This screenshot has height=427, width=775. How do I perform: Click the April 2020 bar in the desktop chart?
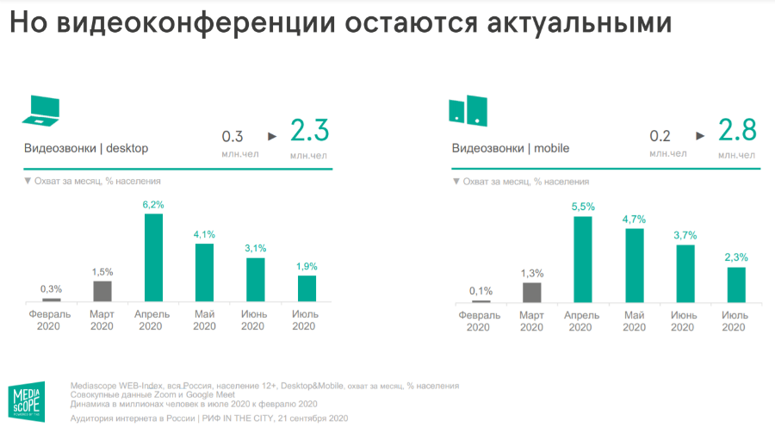click(x=153, y=257)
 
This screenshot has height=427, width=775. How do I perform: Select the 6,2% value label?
click(x=153, y=204)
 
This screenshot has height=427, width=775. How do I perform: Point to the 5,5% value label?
click(x=583, y=207)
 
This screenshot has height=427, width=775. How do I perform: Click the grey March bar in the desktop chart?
click(x=102, y=291)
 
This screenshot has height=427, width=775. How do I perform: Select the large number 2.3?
click(x=309, y=132)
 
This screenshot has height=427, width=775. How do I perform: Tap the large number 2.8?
click(x=737, y=132)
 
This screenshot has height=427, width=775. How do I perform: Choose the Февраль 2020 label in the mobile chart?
click(x=480, y=321)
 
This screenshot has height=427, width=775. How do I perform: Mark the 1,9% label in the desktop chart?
click(x=306, y=266)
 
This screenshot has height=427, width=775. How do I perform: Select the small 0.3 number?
click(x=232, y=136)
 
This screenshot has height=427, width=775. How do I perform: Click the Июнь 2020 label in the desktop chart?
click(x=256, y=320)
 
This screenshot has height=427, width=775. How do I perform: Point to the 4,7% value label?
click(x=635, y=219)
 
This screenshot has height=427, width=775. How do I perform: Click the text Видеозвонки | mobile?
click(x=511, y=148)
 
